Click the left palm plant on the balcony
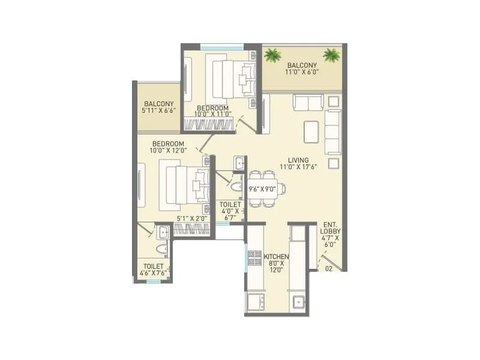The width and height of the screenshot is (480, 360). click(273, 56)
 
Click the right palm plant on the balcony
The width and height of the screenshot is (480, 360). click(331, 56)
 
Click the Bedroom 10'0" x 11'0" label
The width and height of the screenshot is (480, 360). click(212, 111)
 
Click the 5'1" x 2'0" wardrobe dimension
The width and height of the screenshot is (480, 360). click(190, 219)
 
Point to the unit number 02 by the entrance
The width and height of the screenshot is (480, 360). click(328, 269)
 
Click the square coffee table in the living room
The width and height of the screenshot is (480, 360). click(311, 132)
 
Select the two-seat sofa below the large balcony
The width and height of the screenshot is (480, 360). click(308, 102)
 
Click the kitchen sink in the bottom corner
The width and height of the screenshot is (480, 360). click(298, 302)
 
